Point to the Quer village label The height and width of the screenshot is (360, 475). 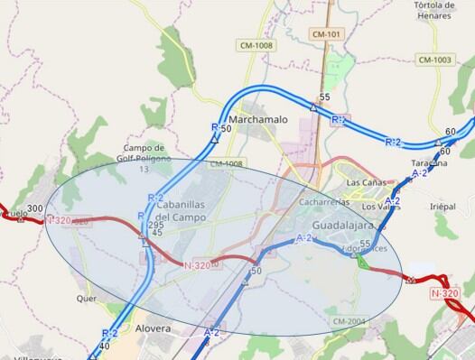[87, 299]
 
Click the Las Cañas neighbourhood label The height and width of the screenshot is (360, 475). [366, 182]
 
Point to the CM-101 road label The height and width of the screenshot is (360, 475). [326, 34]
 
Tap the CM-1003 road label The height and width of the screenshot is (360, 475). [434, 60]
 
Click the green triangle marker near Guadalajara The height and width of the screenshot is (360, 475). [360, 263]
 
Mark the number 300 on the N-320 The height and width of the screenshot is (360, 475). [35, 209]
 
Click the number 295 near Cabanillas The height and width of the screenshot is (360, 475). [158, 224]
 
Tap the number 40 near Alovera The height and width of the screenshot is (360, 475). [106, 346]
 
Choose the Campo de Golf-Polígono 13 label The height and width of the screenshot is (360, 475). [144, 153]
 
